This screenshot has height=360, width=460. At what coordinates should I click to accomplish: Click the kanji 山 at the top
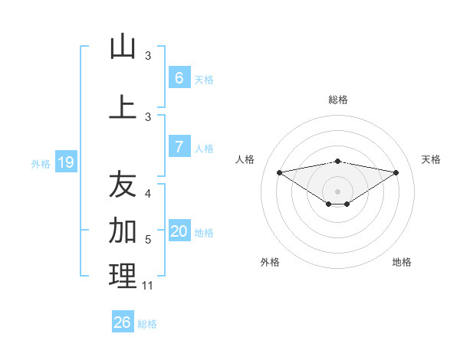pyautogui.click(x=123, y=47)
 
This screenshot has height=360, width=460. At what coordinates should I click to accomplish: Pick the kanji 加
pyautogui.click(x=123, y=229)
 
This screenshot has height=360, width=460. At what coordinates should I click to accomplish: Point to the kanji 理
pyautogui.click(x=123, y=277)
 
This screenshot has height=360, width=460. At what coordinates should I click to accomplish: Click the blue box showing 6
pyautogui.click(x=179, y=78)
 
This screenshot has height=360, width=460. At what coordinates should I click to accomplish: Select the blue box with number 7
pyautogui.click(x=179, y=147)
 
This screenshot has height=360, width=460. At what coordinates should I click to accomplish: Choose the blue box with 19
pyautogui.click(x=66, y=162)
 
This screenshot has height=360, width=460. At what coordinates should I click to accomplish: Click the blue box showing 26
pyautogui.click(x=123, y=322)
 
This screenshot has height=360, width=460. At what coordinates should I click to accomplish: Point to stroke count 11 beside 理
pyautogui.click(x=148, y=286)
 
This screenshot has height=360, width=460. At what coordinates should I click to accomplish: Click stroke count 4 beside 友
pyautogui.click(x=148, y=194)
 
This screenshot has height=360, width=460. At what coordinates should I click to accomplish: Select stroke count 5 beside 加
pyautogui.click(x=148, y=240)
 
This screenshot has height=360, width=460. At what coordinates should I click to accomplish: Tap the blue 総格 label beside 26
pyautogui.click(x=147, y=324)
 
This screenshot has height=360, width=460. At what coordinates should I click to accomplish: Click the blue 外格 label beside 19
pyautogui.click(x=40, y=163)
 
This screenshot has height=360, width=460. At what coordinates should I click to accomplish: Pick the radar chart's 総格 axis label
pyautogui.click(x=338, y=100)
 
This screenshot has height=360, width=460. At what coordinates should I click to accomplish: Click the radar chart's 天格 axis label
pyautogui.click(x=431, y=159)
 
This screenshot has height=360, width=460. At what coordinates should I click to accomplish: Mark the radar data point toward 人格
pyautogui.click(x=279, y=172)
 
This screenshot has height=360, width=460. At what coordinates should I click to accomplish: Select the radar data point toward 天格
pyautogui.click(x=396, y=172)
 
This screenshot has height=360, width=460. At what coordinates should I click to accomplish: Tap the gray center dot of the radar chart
pyautogui.click(x=338, y=191)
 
